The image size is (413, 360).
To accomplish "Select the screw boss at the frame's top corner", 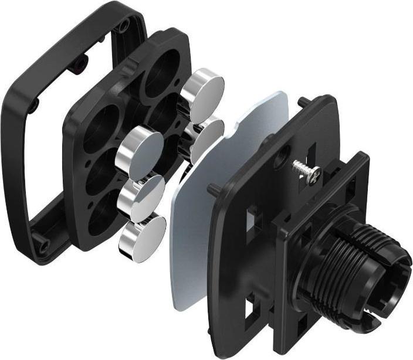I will pos(123,25).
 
